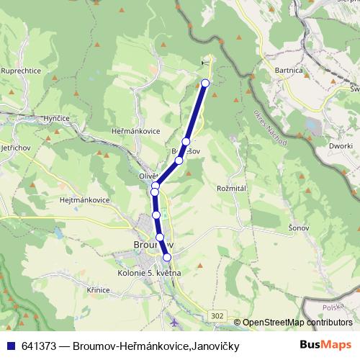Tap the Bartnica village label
289,71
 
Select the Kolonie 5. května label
148,273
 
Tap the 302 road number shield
217,315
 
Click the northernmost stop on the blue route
205,83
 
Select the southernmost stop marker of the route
167,257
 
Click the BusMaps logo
325,346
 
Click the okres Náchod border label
270,128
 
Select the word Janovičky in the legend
214,346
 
